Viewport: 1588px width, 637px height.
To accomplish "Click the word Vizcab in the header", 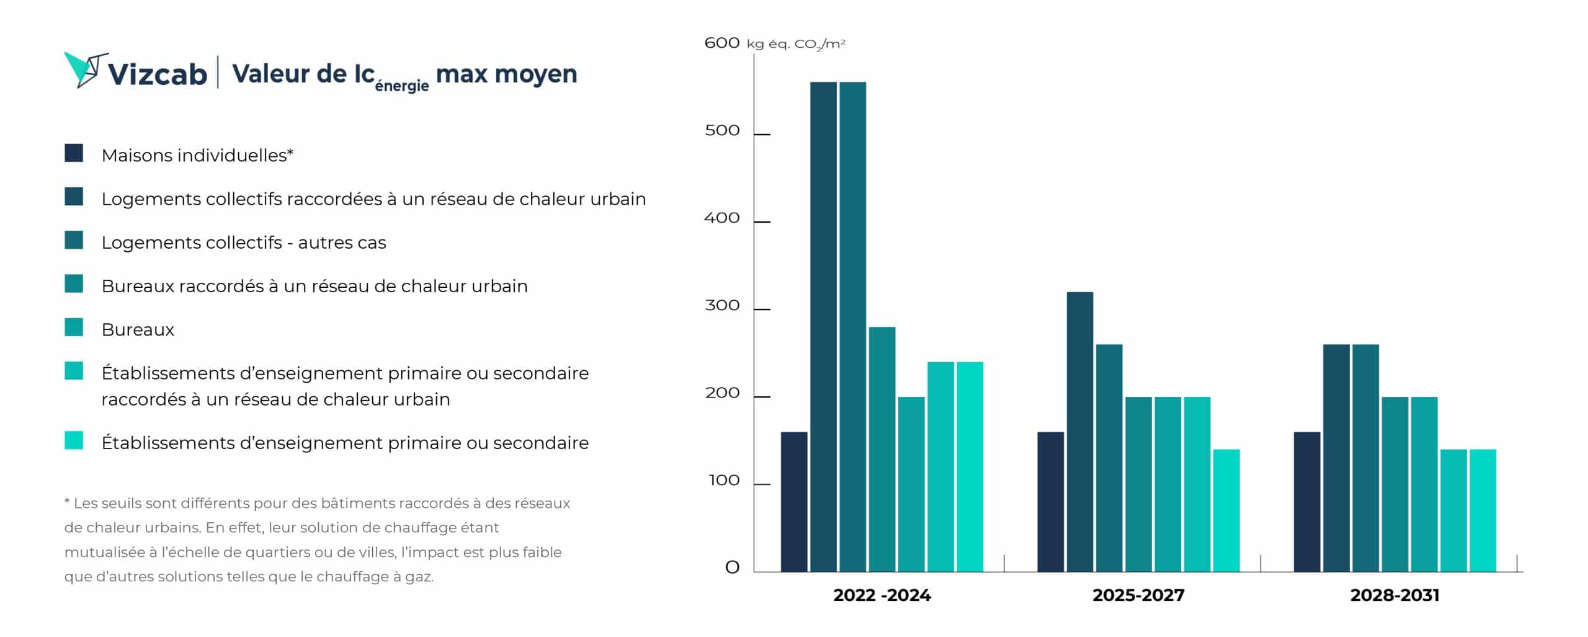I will click(x=157, y=74).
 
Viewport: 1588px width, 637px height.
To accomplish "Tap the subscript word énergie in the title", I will click(x=401, y=86).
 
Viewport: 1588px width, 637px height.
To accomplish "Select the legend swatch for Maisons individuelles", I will click(x=74, y=153).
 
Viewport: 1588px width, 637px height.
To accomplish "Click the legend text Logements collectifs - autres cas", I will click(x=243, y=243).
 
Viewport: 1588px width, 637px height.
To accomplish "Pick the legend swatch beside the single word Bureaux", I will click(x=74, y=327).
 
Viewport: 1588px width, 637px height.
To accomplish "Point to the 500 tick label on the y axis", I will click(x=722, y=131).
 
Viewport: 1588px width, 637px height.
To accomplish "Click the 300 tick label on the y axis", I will click(x=722, y=306).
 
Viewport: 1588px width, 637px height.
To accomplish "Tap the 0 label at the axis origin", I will click(x=732, y=568).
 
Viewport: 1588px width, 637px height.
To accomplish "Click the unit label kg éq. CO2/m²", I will click(x=795, y=44).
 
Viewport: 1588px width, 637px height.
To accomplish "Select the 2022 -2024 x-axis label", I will click(x=881, y=595).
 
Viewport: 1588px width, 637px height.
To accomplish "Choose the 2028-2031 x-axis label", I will click(x=1394, y=595).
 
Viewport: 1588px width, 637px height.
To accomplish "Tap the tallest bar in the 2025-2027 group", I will click(x=1079, y=431).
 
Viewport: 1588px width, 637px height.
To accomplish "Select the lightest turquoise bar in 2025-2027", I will click(x=1226, y=510).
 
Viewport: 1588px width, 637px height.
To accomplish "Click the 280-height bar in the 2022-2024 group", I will click(x=881, y=448).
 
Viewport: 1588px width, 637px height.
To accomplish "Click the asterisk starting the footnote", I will click(x=67, y=502).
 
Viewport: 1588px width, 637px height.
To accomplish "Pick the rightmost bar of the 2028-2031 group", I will click(x=1483, y=510).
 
